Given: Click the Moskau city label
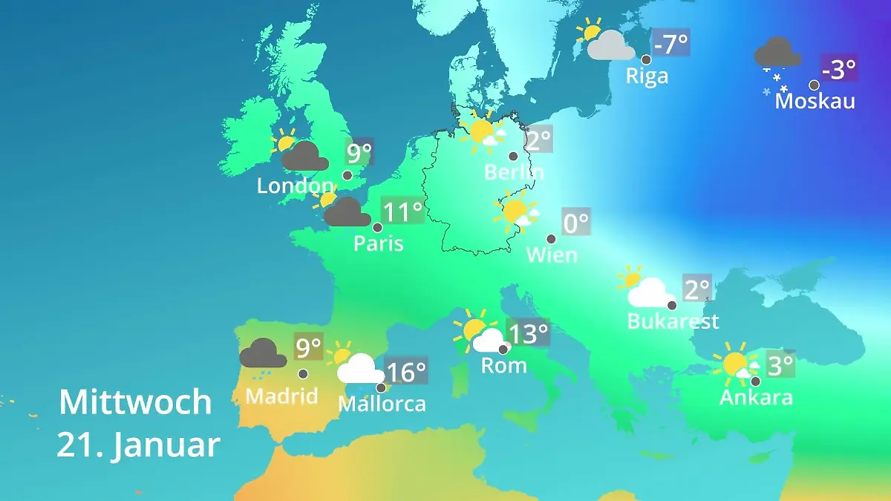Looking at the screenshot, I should coord(815,101).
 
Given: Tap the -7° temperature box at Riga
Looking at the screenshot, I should coord(670,44).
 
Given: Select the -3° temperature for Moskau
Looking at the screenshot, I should coord(839,70).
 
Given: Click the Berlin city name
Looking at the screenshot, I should coord(514,173).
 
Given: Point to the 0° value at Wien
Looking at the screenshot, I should coord(575,222).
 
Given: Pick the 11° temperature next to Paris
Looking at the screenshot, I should coord(402,212).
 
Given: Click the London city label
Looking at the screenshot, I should coord(295,186).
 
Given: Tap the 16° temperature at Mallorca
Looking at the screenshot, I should coord(406,370).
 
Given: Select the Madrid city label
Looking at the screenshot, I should coord(281,396).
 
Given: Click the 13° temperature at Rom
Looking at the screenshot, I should coord(528,334).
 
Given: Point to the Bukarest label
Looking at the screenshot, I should coord(673,321).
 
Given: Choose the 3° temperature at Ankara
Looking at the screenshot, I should coord(780,365).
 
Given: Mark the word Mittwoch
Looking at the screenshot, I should coord(135,402).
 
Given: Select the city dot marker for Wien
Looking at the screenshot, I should coord(551,239).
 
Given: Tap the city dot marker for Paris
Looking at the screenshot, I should coord(377,228).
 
